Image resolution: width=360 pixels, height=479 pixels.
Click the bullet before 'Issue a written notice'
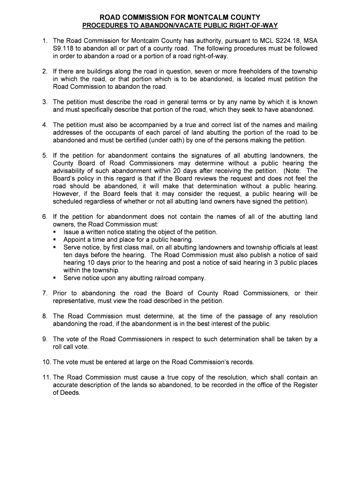coord(55,232)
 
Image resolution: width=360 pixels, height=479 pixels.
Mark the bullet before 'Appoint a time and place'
coord(55,239)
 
